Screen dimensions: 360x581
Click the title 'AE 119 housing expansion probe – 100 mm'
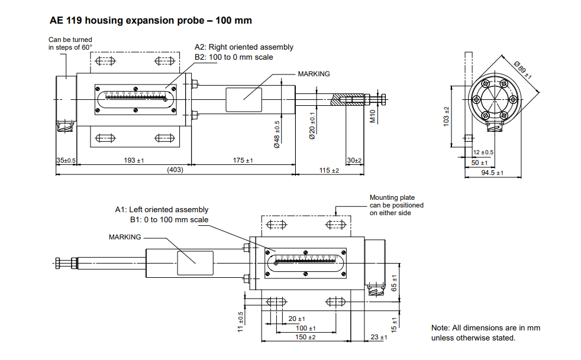(x=151, y=21)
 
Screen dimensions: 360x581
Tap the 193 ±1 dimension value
(x=134, y=161)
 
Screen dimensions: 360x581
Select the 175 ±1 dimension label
(x=243, y=161)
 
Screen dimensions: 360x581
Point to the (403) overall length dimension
(x=175, y=170)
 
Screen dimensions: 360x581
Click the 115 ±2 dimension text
(x=329, y=170)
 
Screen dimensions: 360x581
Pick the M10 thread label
(x=373, y=116)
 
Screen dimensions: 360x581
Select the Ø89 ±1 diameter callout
(x=523, y=70)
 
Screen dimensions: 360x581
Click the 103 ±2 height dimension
(x=447, y=115)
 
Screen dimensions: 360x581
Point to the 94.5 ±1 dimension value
(x=492, y=173)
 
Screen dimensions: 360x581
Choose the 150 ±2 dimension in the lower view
(x=305, y=337)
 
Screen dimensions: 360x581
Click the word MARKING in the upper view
(x=314, y=74)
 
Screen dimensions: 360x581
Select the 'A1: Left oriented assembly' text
(x=162, y=210)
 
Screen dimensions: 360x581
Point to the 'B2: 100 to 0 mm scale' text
(x=234, y=57)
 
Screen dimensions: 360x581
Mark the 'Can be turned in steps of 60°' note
(x=70, y=43)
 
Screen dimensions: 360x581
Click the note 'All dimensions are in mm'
(x=485, y=328)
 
